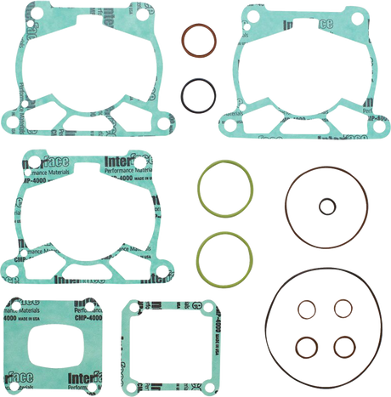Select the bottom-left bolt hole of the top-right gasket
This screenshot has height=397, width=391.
227,117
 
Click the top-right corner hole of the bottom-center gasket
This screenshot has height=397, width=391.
195,303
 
